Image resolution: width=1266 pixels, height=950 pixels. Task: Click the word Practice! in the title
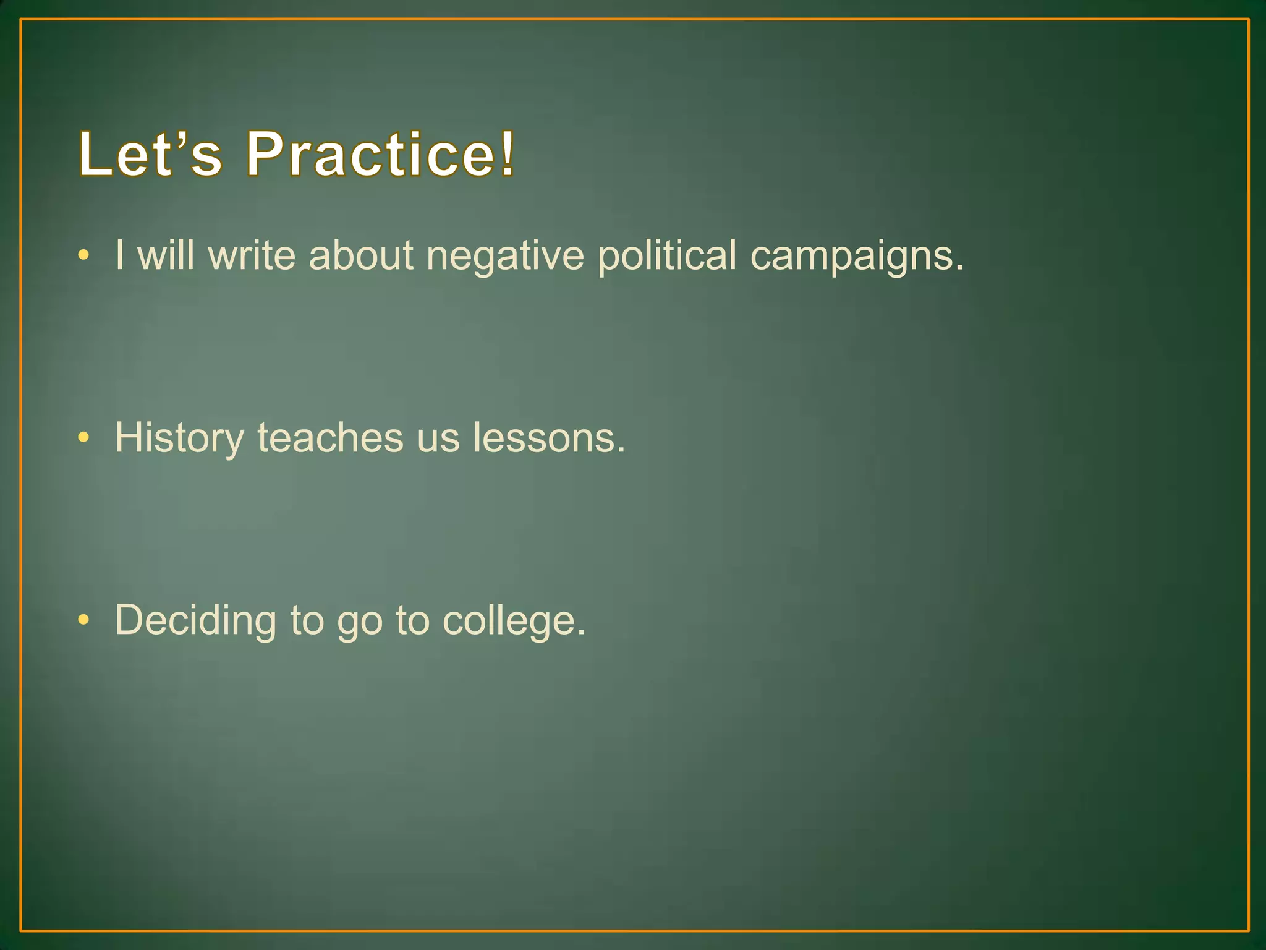pos(380,154)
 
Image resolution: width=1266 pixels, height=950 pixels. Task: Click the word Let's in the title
pos(150,154)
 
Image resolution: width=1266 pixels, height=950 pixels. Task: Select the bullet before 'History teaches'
pos(84,438)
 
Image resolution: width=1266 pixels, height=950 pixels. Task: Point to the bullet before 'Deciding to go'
pos(84,620)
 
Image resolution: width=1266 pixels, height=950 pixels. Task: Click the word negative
pos(505,255)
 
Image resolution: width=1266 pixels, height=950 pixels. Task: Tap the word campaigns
pos(856,257)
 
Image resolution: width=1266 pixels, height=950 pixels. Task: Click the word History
pos(179,439)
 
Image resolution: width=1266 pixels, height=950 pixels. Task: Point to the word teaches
pos(330,437)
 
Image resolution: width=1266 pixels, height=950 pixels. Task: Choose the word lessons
pos(549,437)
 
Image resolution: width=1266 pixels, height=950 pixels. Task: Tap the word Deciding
pos(195,620)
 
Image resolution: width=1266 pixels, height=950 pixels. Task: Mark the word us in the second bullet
pos(438,439)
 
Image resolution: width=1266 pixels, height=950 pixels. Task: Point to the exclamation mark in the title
pos(508,153)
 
